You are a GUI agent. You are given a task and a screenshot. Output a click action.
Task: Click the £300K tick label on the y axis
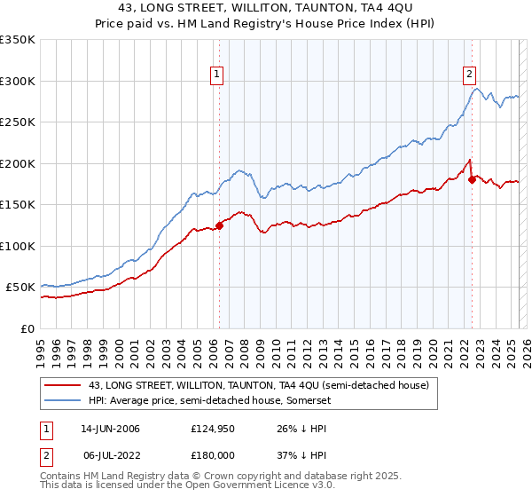click(18, 81)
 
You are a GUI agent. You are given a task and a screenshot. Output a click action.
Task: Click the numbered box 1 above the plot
click(217, 75)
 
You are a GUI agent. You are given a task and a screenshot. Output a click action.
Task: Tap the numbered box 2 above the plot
click(469, 75)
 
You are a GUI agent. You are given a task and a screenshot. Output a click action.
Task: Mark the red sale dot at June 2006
click(220, 225)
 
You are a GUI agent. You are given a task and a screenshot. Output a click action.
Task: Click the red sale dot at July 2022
click(472, 180)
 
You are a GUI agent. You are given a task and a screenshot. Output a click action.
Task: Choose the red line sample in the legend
click(64, 385)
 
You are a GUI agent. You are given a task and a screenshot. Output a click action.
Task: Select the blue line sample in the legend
click(64, 400)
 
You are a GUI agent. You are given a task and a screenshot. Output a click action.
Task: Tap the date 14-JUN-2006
click(110, 429)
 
